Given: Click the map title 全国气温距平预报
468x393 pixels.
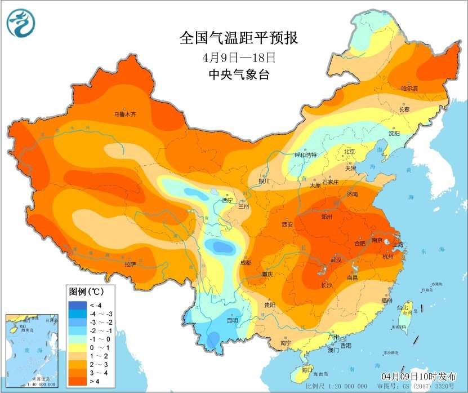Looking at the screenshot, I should point(238,38).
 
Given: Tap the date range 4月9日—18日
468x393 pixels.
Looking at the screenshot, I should point(239,57).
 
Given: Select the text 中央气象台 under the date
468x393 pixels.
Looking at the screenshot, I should point(238,74).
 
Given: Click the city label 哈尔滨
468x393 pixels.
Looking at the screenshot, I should point(409,89).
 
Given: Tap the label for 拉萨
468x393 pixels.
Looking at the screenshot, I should point(130,263).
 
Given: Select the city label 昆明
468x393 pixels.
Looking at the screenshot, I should point(232,320).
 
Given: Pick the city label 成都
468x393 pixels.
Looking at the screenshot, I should point(246,263).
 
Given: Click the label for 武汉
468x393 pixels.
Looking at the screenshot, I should point(337,259).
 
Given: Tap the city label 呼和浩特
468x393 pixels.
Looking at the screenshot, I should point(306,155).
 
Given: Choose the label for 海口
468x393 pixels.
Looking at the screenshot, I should point(306,370).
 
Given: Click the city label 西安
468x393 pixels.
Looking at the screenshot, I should point(287,224).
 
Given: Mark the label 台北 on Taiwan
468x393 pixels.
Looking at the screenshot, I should point(402,308).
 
